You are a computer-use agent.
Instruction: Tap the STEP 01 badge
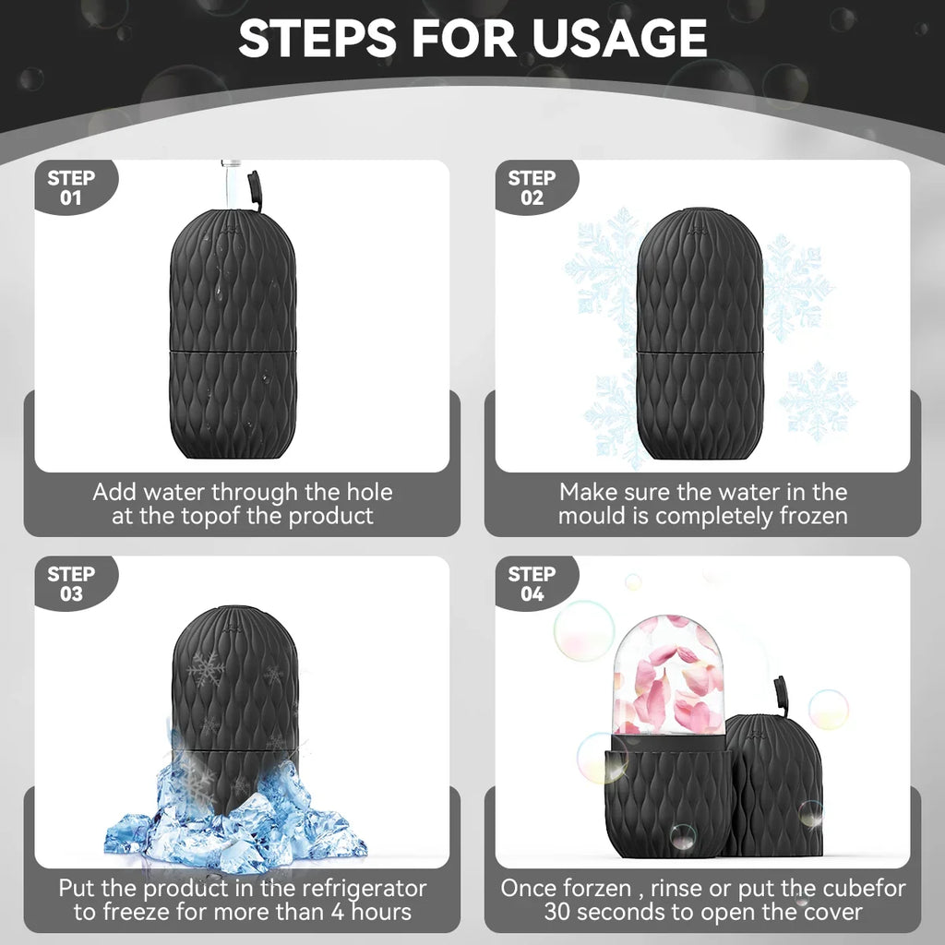pos(71,187)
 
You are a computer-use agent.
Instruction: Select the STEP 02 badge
pos(532,187)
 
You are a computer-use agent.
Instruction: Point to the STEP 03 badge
pos(71,583)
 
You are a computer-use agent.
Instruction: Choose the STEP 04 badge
pos(532,583)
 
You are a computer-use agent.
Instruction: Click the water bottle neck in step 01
pos(230,180)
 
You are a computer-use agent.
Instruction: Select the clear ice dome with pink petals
pos(668,678)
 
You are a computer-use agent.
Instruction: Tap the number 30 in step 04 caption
pos(558,913)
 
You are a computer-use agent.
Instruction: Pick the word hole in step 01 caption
pos(366,493)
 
